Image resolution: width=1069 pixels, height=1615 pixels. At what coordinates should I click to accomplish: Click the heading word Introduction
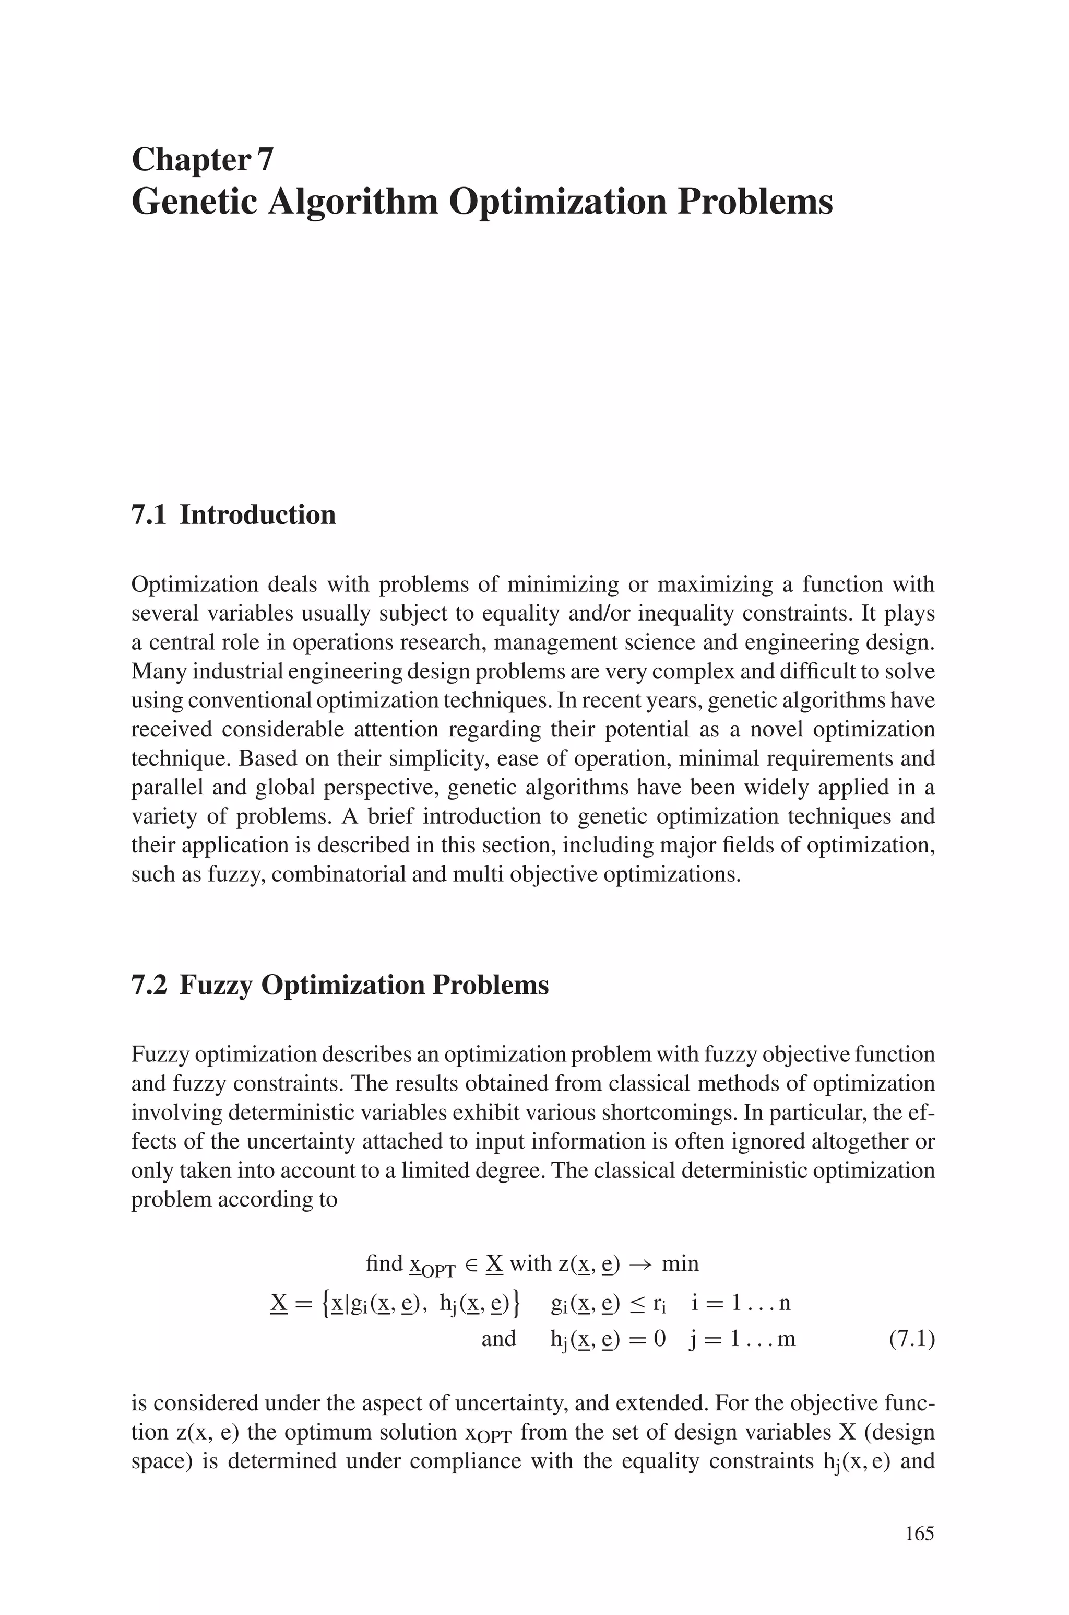coord(258,515)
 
